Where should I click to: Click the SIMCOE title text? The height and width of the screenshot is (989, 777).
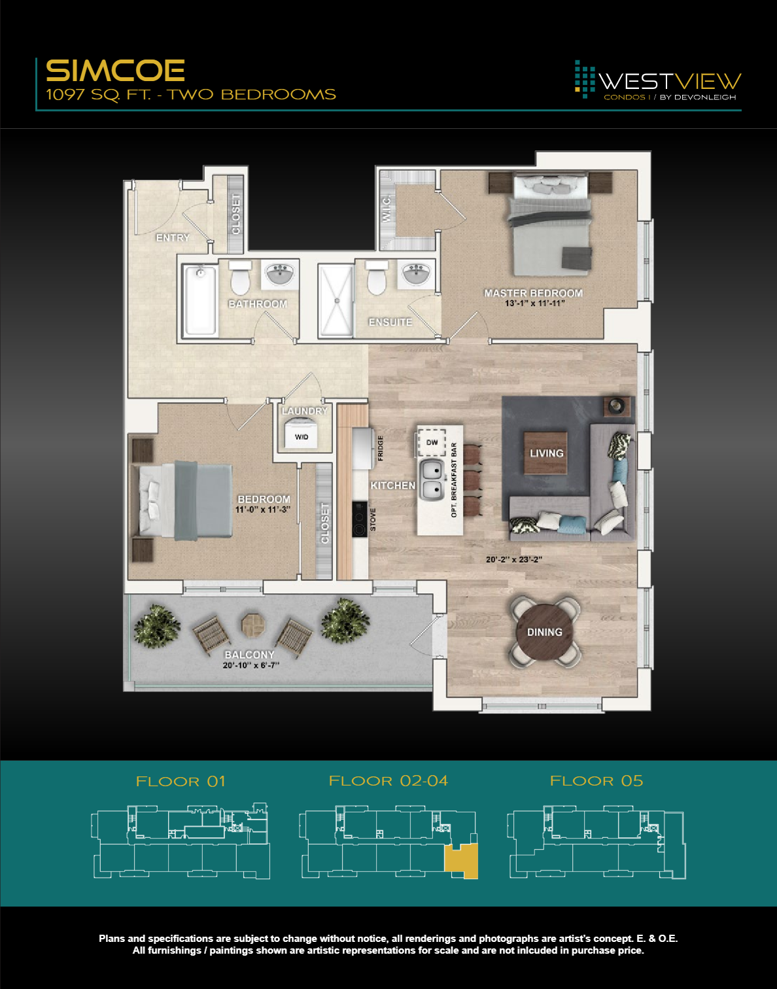click(x=115, y=71)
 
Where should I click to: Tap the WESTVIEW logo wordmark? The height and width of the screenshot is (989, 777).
click(x=670, y=81)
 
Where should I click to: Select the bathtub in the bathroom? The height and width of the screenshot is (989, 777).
click(x=199, y=300)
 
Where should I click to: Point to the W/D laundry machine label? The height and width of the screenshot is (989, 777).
click(x=302, y=436)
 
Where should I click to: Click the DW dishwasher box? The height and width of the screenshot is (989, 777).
click(x=432, y=443)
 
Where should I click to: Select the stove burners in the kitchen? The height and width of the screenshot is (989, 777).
click(x=359, y=519)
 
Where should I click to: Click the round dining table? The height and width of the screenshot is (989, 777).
click(x=545, y=632)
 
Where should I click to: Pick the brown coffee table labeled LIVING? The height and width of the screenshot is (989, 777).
click(x=545, y=453)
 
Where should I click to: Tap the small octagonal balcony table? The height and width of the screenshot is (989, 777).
click(x=252, y=625)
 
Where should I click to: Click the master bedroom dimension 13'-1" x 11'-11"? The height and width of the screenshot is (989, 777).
click(x=534, y=304)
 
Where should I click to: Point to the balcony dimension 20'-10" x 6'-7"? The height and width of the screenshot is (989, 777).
click(x=250, y=665)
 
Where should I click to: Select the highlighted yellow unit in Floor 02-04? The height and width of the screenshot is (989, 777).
click(x=462, y=861)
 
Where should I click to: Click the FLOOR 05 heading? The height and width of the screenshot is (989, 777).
click(x=596, y=781)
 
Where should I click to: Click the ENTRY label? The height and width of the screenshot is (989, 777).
click(x=173, y=237)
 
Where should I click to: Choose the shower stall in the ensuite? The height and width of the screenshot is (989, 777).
click(x=336, y=301)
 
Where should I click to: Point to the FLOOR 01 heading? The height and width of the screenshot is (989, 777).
click(x=181, y=782)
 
